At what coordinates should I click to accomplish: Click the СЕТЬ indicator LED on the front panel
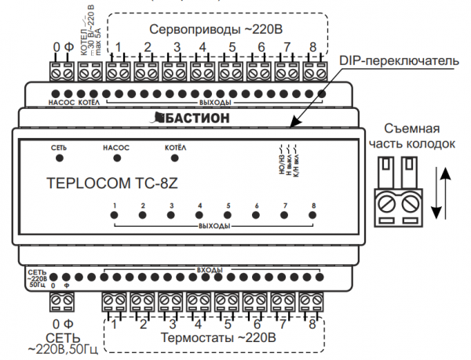(59, 158)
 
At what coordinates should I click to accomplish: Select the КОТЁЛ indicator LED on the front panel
(175, 158)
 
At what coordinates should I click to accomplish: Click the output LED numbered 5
(228, 216)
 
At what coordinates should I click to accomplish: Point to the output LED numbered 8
(312, 216)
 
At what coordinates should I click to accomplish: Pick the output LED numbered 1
(115, 216)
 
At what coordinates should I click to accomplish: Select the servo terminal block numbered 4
(203, 73)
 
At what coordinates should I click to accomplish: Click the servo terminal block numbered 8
(314, 73)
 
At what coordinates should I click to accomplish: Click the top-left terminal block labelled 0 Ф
(62, 73)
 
